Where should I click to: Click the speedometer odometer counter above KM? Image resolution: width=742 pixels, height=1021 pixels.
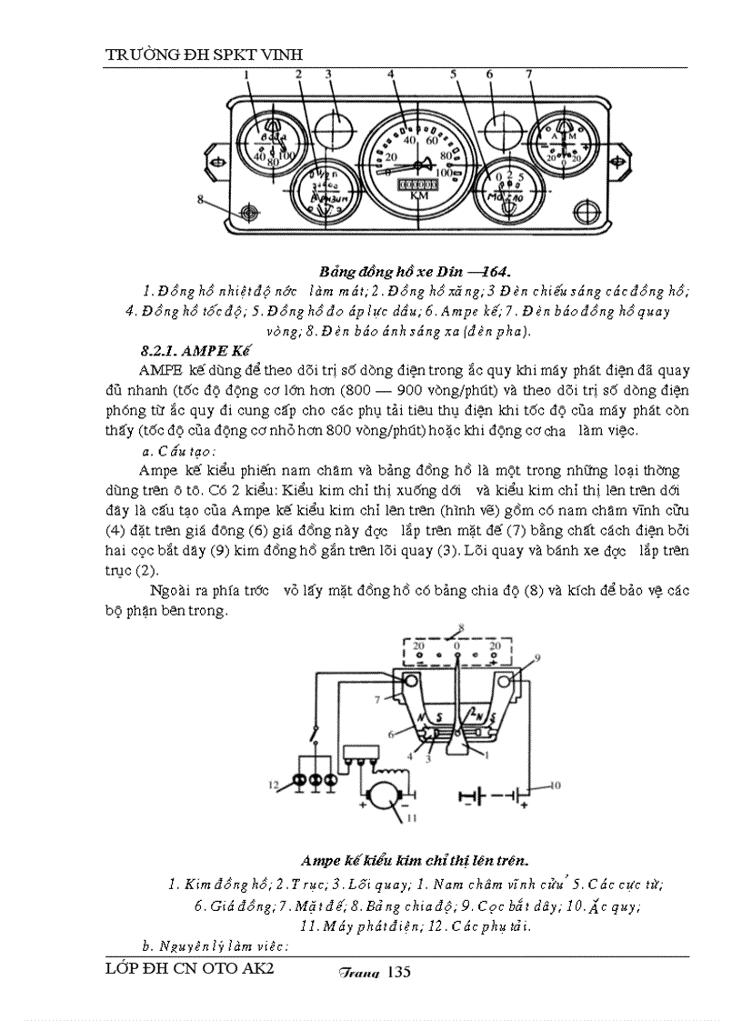(419, 183)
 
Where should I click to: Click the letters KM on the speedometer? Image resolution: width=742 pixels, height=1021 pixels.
(419, 195)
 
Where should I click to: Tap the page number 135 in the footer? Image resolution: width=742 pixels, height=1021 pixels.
(398, 972)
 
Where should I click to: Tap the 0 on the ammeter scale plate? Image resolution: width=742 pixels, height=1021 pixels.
(456, 645)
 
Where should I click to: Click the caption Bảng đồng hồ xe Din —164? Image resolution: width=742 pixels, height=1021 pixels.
(416, 271)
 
